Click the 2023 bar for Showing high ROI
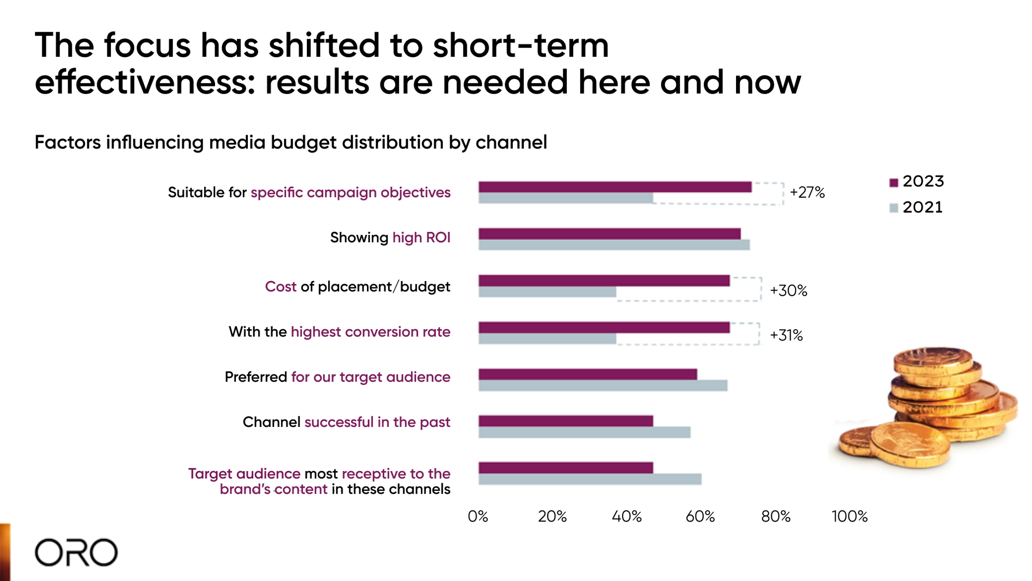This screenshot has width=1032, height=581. (x=609, y=234)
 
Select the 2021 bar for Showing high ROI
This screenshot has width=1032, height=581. (x=614, y=245)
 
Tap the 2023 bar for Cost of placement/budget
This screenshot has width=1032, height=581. (x=604, y=280)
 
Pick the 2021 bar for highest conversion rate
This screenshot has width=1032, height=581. (x=547, y=339)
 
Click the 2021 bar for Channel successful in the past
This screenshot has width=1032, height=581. (x=584, y=432)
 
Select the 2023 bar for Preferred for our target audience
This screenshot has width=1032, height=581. (x=587, y=374)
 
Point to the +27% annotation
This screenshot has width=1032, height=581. (x=807, y=192)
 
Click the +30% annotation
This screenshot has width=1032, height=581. (x=788, y=290)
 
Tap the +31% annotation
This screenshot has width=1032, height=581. (x=786, y=336)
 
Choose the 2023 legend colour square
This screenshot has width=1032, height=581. (x=893, y=183)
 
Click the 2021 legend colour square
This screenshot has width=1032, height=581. (x=893, y=208)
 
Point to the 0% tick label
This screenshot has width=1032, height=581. (x=478, y=516)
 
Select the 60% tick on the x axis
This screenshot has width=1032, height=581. (x=700, y=516)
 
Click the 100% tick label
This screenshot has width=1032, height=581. (x=849, y=516)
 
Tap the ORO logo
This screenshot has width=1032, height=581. (x=76, y=552)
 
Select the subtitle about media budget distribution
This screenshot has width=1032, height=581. (x=291, y=142)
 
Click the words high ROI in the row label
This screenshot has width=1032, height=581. (x=421, y=237)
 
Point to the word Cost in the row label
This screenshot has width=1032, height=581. (x=281, y=286)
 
